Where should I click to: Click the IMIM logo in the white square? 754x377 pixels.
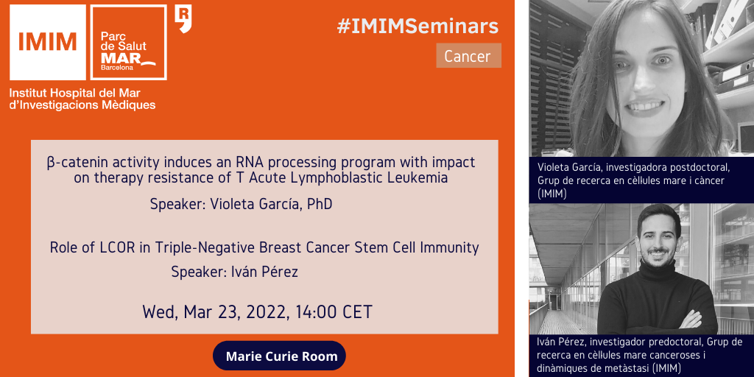click(x=48, y=42)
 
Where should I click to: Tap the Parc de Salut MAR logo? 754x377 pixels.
click(x=129, y=42)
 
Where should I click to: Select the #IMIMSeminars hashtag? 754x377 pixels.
click(x=417, y=27)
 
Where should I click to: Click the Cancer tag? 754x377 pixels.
click(x=469, y=56)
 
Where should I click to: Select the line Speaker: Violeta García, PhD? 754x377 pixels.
click(x=242, y=205)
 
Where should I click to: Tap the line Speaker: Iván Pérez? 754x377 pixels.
click(x=235, y=272)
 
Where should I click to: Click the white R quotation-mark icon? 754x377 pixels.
click(x=183, y=18)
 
